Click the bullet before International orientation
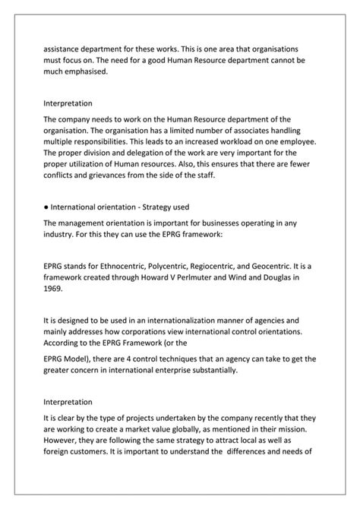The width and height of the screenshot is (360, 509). coord(46,206)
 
